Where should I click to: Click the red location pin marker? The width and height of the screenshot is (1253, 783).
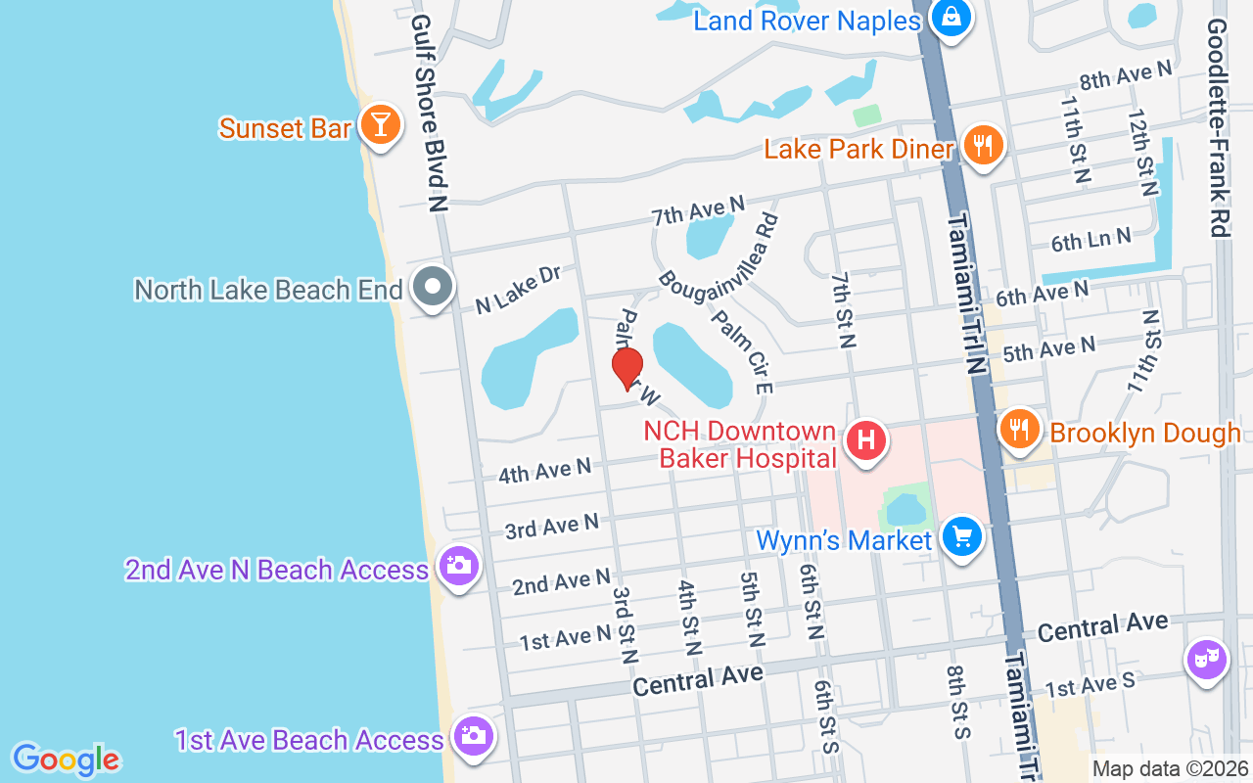627,368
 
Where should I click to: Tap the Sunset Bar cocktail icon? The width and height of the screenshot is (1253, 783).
377,124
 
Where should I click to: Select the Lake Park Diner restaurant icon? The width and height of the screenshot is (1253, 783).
983,147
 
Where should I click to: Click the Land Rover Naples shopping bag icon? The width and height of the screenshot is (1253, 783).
950,17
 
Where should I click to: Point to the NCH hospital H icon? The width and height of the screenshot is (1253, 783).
865,439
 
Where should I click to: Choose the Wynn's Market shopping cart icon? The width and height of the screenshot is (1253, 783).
961,536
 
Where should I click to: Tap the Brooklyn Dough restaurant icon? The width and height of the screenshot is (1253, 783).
1020,429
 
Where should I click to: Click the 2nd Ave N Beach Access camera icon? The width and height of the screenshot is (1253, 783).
457,566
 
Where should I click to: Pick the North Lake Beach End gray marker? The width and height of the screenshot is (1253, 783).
432,288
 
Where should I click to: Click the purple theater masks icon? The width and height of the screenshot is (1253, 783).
1207,659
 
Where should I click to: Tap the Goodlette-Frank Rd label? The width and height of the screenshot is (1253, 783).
1218,127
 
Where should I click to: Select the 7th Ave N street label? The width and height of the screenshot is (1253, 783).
699,209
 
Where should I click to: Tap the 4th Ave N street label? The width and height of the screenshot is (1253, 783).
544,472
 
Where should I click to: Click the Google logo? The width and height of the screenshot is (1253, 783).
67,759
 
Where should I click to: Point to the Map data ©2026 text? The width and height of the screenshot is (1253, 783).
1170,768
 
